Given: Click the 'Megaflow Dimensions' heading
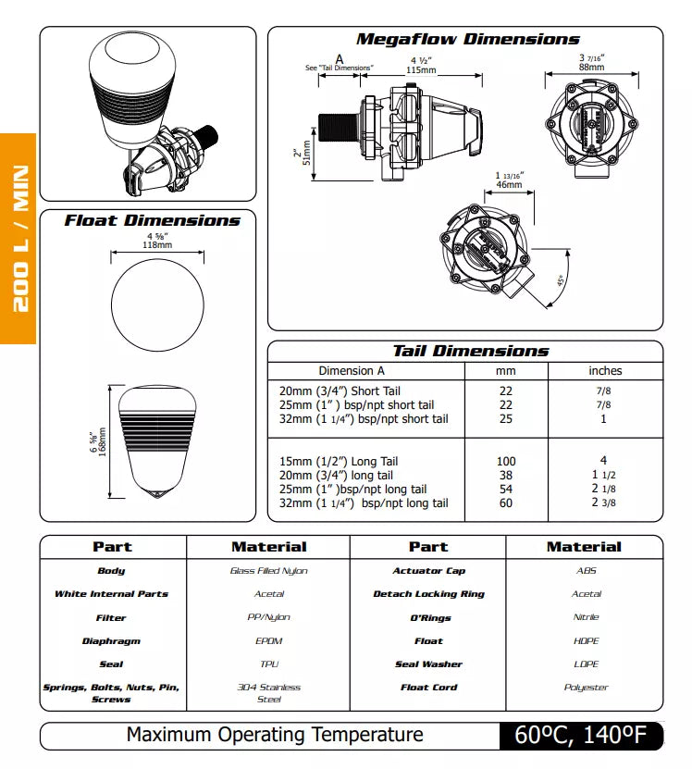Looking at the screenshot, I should tap(467, 39).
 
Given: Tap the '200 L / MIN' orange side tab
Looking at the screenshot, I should tap(19, 239).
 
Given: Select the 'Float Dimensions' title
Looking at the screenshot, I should tap(152, 220).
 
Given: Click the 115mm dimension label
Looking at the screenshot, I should tap(421, 70).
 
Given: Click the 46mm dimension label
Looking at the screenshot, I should tap(508, 184).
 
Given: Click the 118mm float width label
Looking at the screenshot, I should tap(156, 245).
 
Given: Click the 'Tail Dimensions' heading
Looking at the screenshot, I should tap(470, 351).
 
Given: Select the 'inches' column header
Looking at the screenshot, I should tap(605, 370).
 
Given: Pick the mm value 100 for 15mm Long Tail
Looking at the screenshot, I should tap(505, 461).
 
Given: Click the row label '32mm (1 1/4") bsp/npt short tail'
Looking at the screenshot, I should tap(364, 419).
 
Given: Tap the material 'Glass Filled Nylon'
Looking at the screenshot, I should tap(268, 571).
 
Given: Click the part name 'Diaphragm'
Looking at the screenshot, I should tap(111, 640).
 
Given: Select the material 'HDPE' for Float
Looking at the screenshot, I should tap(585, 640).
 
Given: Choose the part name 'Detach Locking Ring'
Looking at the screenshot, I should tap(428, 594).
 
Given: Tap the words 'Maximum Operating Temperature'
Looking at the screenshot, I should tap(275, 735).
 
